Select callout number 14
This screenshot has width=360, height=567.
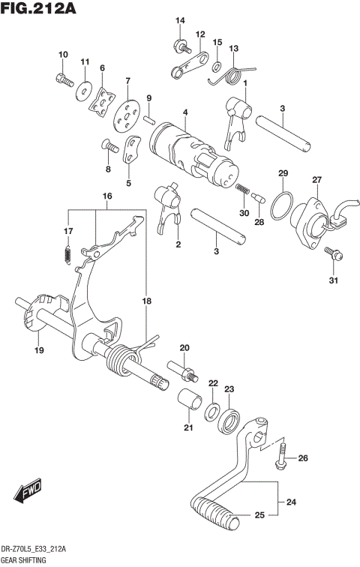(180, 19)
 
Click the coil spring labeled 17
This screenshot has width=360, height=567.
(67, 255)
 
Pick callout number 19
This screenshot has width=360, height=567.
(38, 349)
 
